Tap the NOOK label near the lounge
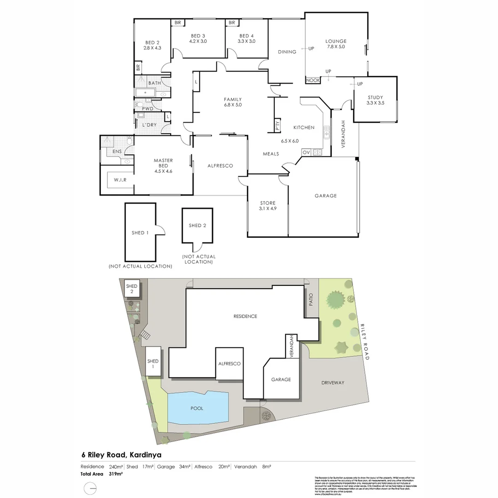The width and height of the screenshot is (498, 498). [313, 80]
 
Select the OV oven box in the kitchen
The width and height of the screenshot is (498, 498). [306, 152]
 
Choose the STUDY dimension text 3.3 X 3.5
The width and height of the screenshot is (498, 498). [375, 103]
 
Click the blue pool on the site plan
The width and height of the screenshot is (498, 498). [198, 408]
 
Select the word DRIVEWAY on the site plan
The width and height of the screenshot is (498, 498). [333, 383]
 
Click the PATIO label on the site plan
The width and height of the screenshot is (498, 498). [311, 301]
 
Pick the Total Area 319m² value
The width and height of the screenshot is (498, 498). [115, 474]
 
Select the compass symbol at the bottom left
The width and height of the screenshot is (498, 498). [90, 488]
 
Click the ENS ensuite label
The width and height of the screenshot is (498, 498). [117, 151]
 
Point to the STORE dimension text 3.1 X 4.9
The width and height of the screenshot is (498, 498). [267, 209]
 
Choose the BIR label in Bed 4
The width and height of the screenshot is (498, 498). [231, 23]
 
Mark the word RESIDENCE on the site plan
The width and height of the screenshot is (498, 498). [245, 316]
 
